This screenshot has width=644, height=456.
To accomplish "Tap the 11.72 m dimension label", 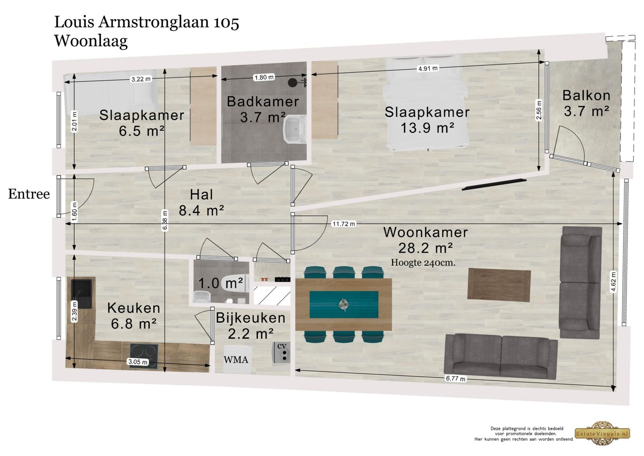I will pyautogui.click(x=343, y=224).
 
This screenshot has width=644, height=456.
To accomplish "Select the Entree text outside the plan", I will pyautogui.click(x=29, y=194).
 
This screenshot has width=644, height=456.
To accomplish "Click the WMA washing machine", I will pyautogui.click(x=236, y=359).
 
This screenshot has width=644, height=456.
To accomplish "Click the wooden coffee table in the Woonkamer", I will pyautogui.click(x=499, y=284).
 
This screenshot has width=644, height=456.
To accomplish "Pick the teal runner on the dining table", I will pyautogui.click(x=343, y=305).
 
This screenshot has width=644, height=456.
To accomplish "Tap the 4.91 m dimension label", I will pyautogui.click(x=428, y=69).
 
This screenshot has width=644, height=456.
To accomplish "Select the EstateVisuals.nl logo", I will pyautogui.click(x=602, y=433).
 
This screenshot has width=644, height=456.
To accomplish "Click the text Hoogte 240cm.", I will pyautogui.click(x=423, y=263).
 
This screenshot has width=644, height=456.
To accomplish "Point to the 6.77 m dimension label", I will pyautogui.click(x=455, y=379).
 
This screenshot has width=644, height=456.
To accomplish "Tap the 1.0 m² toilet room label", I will pyautogui.click(x=220, y=283).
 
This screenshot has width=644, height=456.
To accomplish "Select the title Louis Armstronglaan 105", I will pyautogui.click(x=147, y=22).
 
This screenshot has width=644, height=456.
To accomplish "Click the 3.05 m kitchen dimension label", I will pyautogui.click(x=137, y=362).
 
